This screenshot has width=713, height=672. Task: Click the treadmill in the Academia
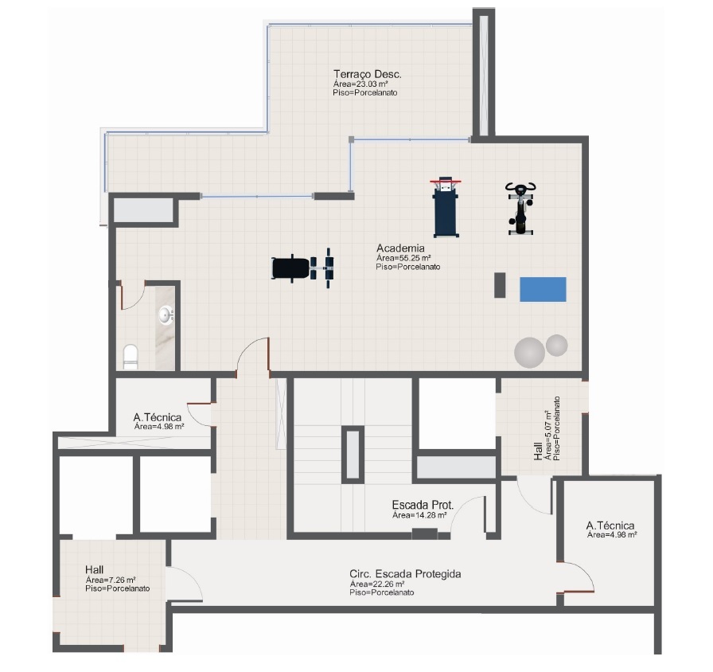pyautogui.click(x=446, y=208)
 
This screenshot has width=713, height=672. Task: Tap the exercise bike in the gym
pyautogui.click(x=520, y=209)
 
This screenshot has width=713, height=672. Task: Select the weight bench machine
pyautogui.click(x=303, y=268)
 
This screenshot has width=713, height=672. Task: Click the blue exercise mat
pyautogui.click(x=543, y=289)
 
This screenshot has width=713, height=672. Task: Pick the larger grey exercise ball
pyautogui.click(x=529, y=353)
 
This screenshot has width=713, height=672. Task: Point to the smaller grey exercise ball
pyautogui.click(x=556, y=346)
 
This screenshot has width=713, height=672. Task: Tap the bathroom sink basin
pyautogui.click(x=165, y=315)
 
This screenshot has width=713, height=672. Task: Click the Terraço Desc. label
pyautogui.click(x=368, y=74)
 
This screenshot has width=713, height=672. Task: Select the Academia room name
pyautogui.click(x=400, y=248)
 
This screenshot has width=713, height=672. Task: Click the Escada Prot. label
pyautogui.click(x=423, y=505)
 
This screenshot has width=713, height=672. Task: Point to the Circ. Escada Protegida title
pyautogui.click(x=405, y=574)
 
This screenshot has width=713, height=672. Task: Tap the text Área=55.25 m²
pyautogui.click(x=403, y=258)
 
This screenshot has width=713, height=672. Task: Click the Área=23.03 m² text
pyautogui.click(x=360, y=84)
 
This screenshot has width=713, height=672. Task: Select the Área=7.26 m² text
pyautogui.click(x=111, y=580)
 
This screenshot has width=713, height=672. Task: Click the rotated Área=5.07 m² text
pyautogui.click(x=548, y=435)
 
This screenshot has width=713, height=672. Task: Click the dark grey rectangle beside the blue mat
pyautogui.click(x=500, y=285)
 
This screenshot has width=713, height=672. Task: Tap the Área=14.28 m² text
pyautogui.click(x=419, y=515)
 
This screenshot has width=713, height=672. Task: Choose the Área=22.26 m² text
pyautogui.click(x=377, y=584)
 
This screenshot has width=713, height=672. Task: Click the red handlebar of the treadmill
pyautogui.click(x=446, y=182)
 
